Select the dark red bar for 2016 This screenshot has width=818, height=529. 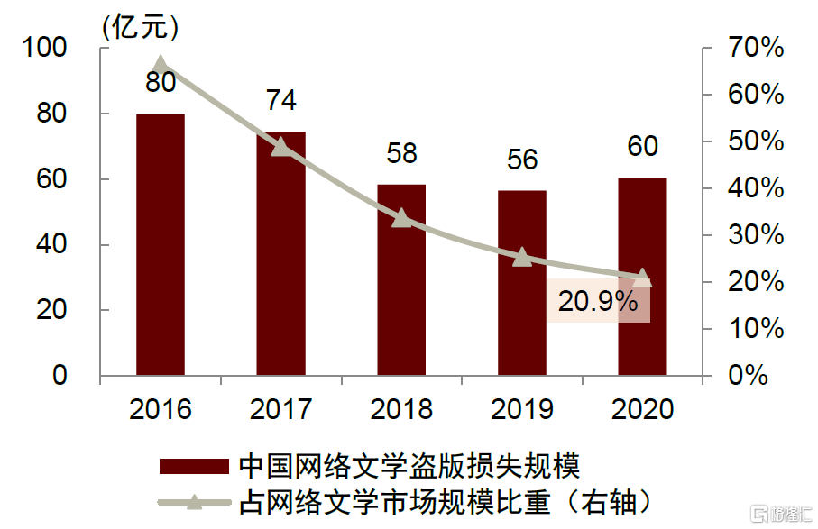point(161,244)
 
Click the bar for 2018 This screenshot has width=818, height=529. point(401,279)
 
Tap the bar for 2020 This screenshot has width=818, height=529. point(642,276)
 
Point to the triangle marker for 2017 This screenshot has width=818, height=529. point(281,146)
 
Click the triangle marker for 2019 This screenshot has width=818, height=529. point(522,257)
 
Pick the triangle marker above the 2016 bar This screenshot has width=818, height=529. point(161,64)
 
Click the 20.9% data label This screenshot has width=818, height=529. point(598,302)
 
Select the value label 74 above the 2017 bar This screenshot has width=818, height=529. point(281,100)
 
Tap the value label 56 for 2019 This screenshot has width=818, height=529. point(522,160)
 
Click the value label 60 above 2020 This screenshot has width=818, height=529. point(642,146)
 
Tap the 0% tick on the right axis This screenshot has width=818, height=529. point(749,375)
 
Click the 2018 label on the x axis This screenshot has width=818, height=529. point(401,410)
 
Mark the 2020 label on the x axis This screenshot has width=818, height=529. point(642,410)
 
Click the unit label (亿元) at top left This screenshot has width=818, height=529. point(140,26)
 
